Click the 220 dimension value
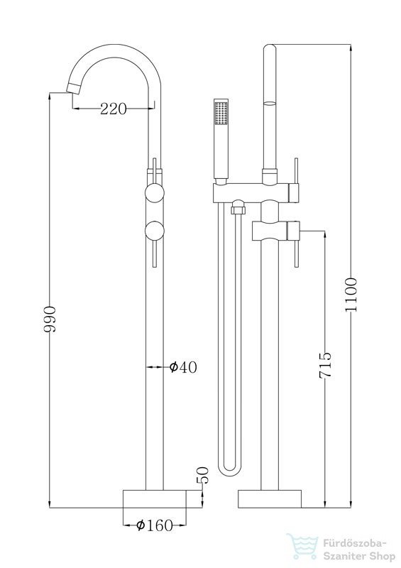114,109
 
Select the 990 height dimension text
50,319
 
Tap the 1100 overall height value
351,295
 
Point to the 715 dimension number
325,365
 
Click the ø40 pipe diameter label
183,367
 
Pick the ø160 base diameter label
155,525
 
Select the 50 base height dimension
204,475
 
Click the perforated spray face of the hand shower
221,113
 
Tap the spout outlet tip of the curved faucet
72,88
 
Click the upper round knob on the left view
155,193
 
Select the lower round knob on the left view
155,231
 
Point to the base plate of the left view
155,499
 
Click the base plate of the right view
270,499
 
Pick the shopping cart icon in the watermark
303,546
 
